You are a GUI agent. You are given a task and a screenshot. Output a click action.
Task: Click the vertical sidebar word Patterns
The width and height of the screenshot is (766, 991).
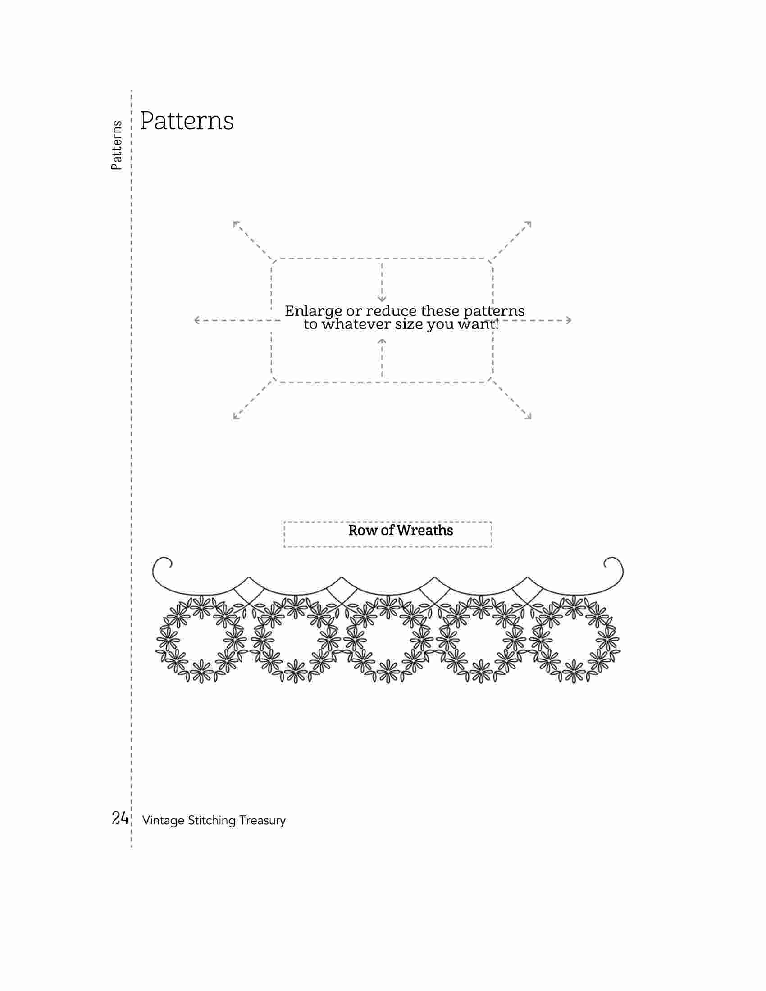click(x=117, y=145)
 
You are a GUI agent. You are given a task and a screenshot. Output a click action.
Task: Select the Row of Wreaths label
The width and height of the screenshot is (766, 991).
click(x=401, y=531)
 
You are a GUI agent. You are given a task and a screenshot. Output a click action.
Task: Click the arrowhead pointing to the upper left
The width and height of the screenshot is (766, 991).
click(x=237, y=224)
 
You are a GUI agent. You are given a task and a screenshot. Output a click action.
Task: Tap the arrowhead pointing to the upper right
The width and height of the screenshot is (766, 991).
click(x=528, y=224)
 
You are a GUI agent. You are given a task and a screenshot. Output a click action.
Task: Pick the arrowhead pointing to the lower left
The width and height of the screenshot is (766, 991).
click(x=237, y=416)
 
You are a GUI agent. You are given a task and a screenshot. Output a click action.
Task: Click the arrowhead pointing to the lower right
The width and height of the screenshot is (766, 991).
click(x=528, y=416)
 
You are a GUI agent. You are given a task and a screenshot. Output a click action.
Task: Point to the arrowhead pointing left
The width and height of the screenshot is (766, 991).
click(x=197, y=320)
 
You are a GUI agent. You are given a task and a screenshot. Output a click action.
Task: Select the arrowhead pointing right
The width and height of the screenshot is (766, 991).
click(x=568, y=320)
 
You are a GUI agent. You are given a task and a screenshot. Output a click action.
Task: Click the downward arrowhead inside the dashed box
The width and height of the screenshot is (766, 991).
click(x=382, y=299)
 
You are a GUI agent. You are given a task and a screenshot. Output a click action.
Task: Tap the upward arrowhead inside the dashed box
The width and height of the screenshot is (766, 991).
click(x=382, y=341)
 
